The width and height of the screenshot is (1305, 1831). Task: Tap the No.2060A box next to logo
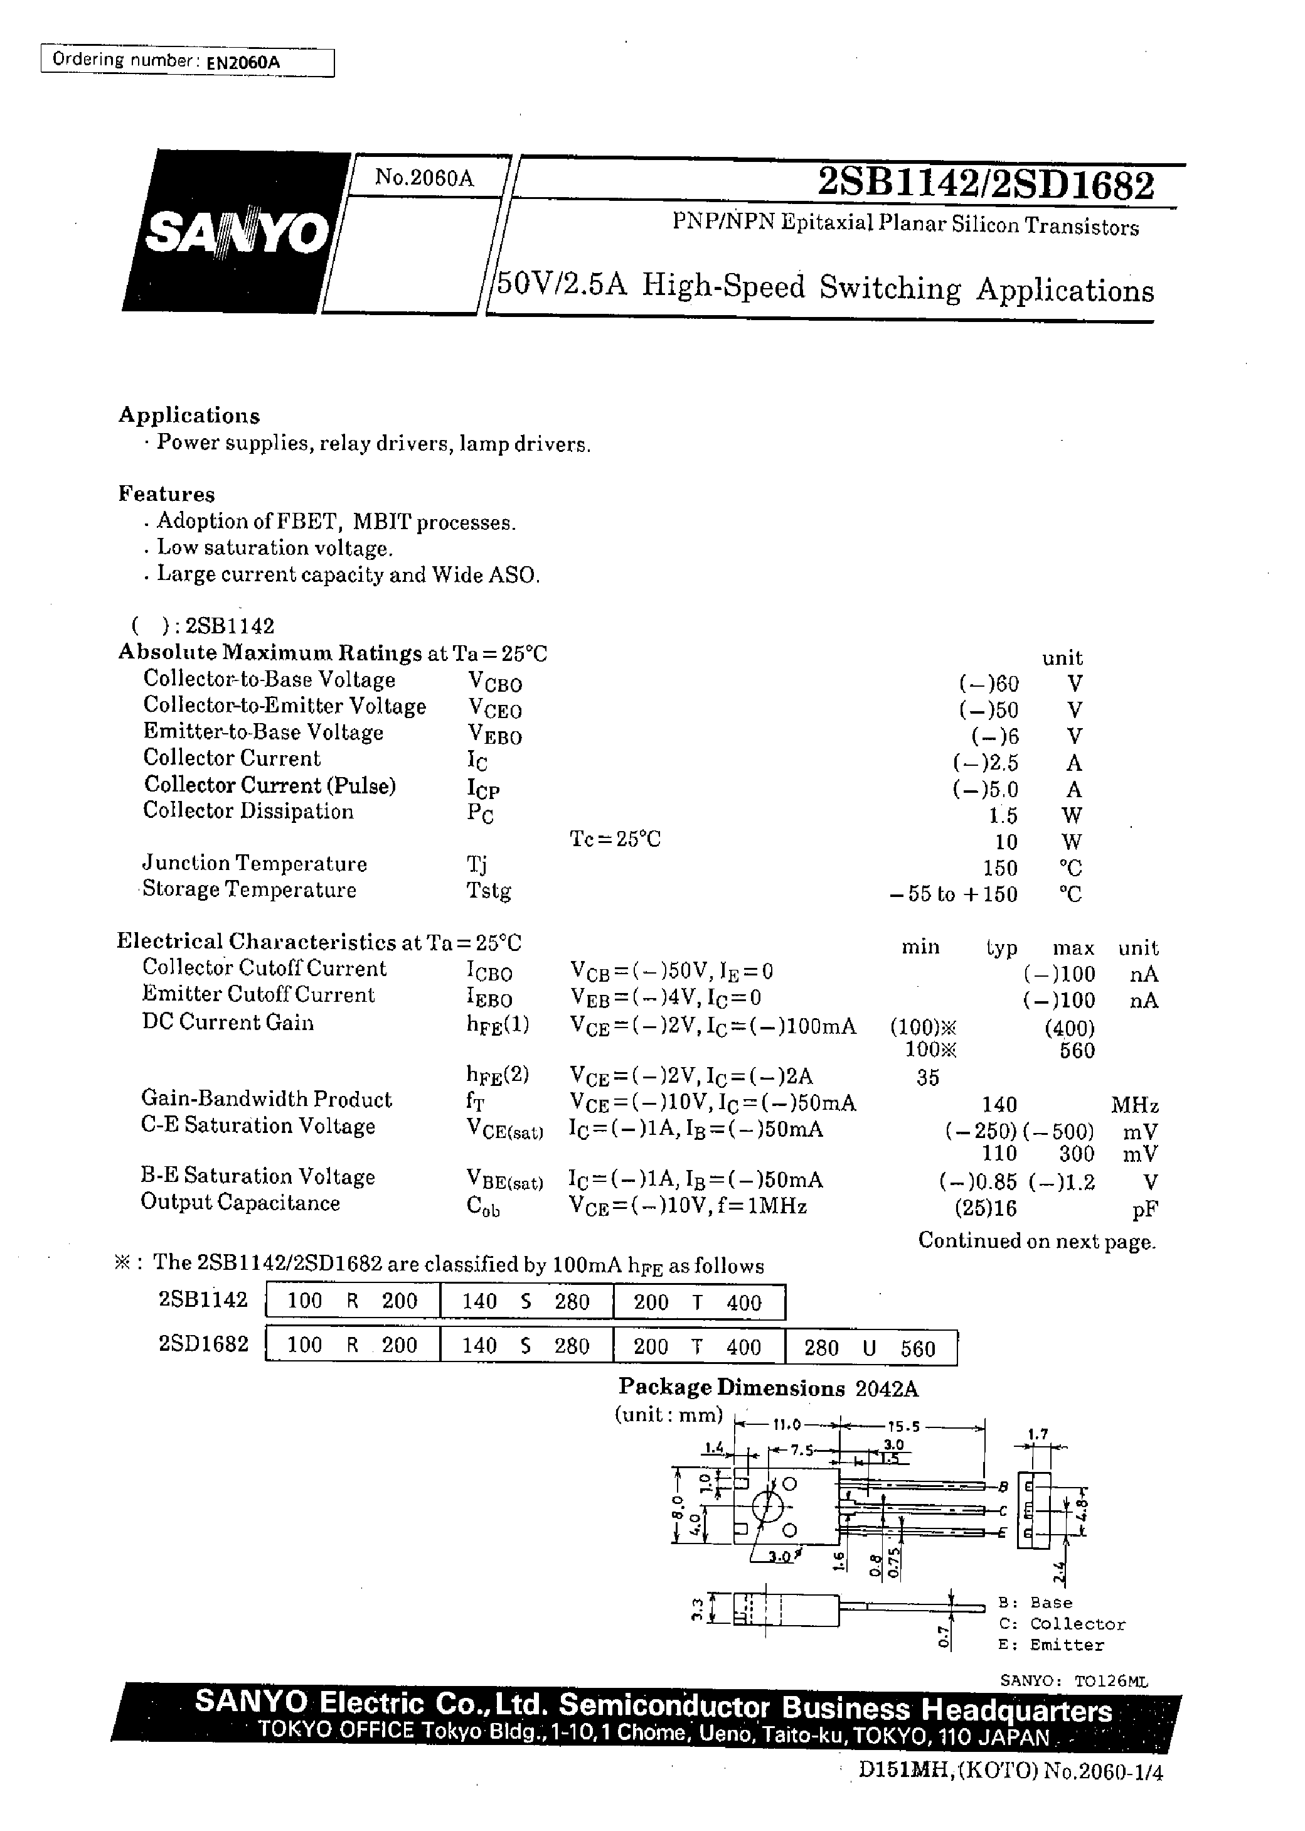(424, 178)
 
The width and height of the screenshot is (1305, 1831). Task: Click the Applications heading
(189, 415)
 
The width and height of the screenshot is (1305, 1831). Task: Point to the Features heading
(166, 493)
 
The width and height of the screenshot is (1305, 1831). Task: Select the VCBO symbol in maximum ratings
(494, 682)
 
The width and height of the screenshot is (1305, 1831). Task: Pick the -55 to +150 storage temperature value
(953, 894)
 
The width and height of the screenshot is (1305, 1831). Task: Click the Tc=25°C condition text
(615, 839)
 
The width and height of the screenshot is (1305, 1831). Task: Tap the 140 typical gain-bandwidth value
(999, 1104)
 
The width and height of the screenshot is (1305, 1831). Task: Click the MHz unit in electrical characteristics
(1134, 1105)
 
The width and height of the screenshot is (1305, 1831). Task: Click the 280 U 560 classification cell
(870, 1348)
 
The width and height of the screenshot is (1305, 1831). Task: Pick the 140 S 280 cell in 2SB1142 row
(526, 1301)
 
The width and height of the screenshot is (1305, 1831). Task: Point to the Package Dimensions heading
(730, 1387)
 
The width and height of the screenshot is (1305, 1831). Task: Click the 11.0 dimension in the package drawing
(787, 1425)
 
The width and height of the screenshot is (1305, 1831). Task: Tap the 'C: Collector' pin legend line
(1061, 1624)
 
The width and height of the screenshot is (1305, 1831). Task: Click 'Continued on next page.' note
(1036, 1241)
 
